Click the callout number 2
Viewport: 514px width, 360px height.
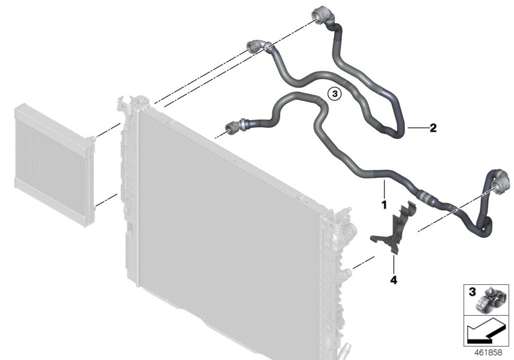(x=433, y=128)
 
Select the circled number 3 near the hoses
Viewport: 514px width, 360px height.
(x=333, y=94)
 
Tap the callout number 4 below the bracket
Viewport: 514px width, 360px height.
(x=393, y=280)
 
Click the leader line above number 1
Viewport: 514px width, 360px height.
(x=384, y=190)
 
